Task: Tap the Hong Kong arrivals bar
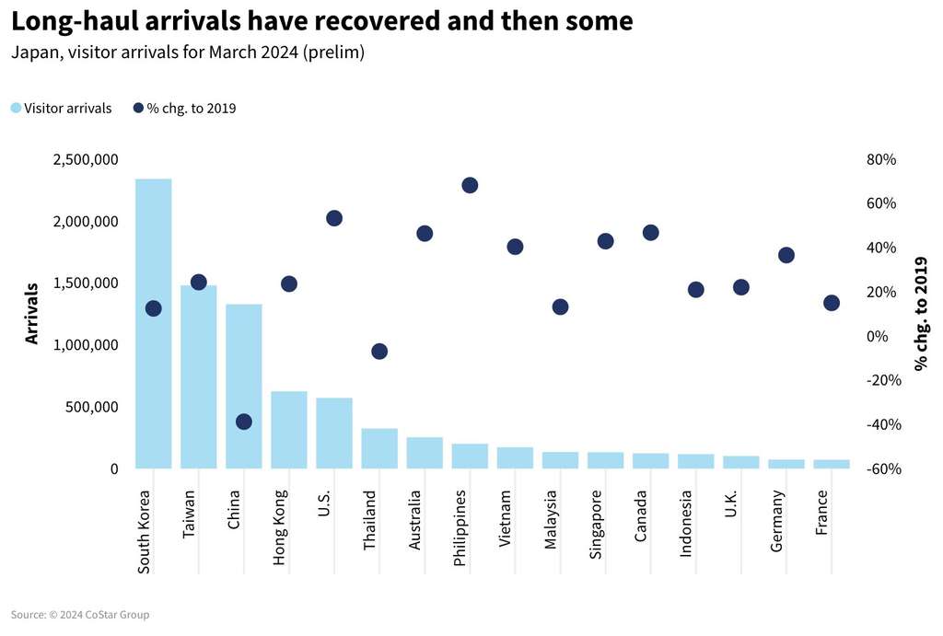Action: coord(288,430)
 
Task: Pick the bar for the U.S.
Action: coord(333,434)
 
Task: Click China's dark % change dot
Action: coord(244,422)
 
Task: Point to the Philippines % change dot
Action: coord(470,185)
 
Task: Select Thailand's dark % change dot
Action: coord(379,352)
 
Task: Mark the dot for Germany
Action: coord(786,255)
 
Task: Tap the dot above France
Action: coord(832,303)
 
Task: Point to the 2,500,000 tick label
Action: coord(86,160)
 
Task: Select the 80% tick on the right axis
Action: coord(881,160)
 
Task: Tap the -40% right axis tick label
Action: coord(881,424)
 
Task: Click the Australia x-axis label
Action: coord(415,520)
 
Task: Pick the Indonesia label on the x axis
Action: coord(686,524)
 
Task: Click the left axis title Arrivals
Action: coord(32,314)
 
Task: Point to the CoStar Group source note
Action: coord(80,615)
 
